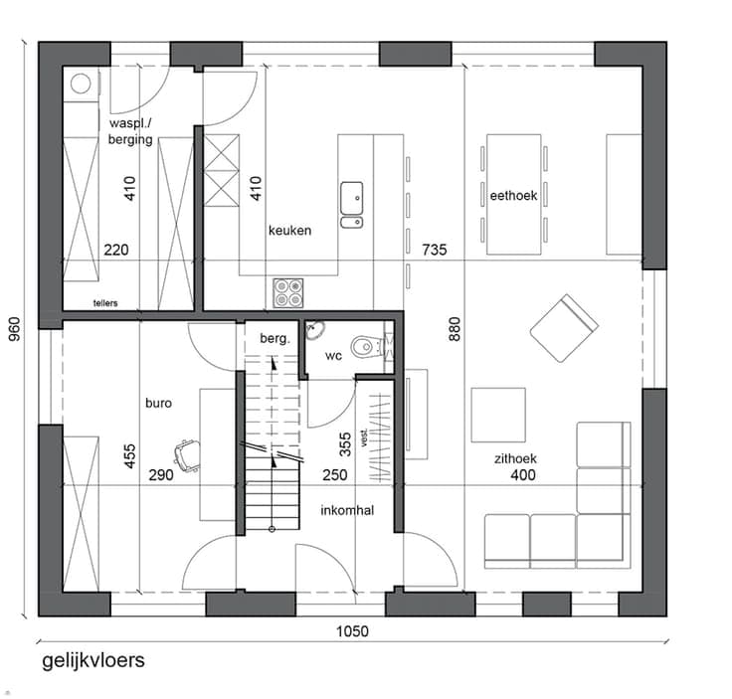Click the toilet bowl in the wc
pos(363,347)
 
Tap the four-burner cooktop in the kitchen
pos(288,293)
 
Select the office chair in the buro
pos(186,451)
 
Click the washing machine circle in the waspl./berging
pos(81,84)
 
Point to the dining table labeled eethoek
pos(513,195)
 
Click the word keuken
pos(289,231)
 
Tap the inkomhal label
pos(347,510)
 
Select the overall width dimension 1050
pos(352,631)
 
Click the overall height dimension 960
pos(15,328)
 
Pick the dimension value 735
pos(435,250)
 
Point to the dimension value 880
pos(455,329)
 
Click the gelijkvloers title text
pos(93,661)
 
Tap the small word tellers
pos(105,303)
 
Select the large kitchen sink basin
pos(351,198)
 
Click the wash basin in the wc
pos(316,330)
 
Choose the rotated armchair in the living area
pos(564,328)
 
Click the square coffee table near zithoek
pos(498,415)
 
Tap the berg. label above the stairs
pos(274,338)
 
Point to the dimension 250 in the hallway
pos(335,475)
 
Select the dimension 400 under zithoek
pos(523,475)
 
